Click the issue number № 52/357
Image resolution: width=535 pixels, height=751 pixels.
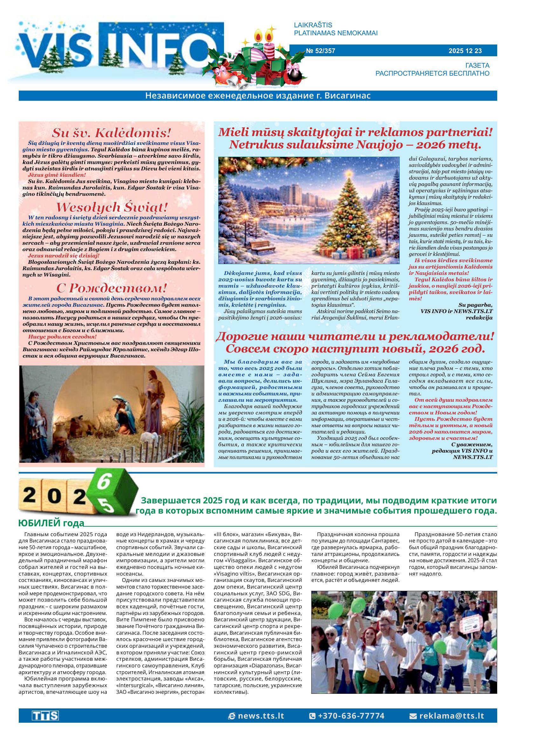pyautogui.click(x=320, y=51)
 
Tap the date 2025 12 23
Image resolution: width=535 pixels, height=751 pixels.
pyautogui.click(x=465, y=51)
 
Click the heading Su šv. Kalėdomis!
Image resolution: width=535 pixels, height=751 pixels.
pyautogui.click(x=112, y=133)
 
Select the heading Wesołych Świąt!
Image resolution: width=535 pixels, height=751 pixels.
pyautogui.click(x=112, y=207)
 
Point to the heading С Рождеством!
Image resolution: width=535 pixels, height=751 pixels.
pyautogui.click(x=112, y=288)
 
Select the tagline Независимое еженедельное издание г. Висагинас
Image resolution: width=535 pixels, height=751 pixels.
pyautogui.click(x=258, y=96)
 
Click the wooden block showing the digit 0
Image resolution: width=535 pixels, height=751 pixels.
pyautogui.click(x=52, y=495)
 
